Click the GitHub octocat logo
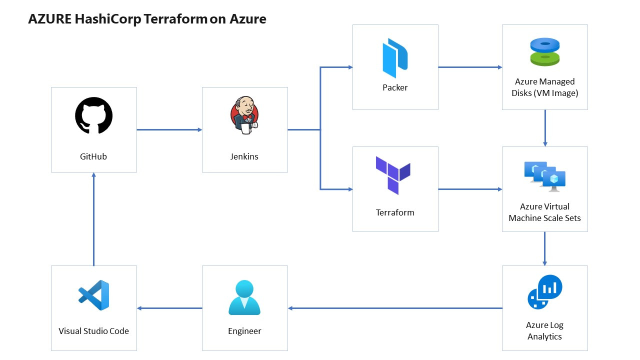click(93, 115)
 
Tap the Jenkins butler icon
click(244, 115)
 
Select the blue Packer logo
click(395, 58)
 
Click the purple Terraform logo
click(393, 175)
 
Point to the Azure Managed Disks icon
click(545, 52)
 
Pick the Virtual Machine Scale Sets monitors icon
click(545, 177)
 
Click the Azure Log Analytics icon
click(545, 292)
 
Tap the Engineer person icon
click(244, 297)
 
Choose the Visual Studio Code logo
click(93, 295)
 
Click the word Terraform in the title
click(175, 19)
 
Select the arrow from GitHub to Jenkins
click(169, 129)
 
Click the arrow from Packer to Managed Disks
click(470, 67)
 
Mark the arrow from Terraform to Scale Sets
click(470, 189)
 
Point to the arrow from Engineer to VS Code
click(169, 308)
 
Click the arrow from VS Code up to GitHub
click(93, 219)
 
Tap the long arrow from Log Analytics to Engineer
click(395, 308)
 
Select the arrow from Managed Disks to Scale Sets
click(545, 128)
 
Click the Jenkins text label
click(244, 156)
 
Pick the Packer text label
click(395, 87)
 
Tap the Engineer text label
click(244, 331)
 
